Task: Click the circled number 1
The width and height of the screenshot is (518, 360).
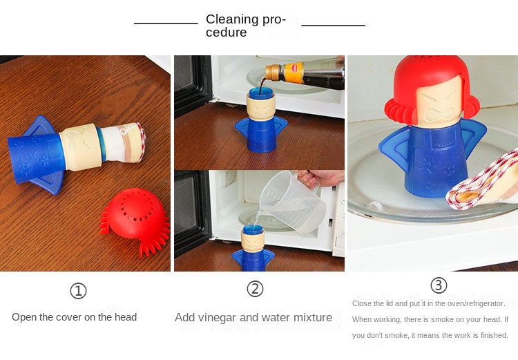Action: (x=78, y=291)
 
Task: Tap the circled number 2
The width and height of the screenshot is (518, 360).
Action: (x=255, y=289)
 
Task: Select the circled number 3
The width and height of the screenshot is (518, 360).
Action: (x=439, y=285)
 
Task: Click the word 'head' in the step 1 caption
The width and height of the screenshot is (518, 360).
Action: (x=126, y=317)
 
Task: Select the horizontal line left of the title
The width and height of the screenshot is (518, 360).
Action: (x=166, y=23)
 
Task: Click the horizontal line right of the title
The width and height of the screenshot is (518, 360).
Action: (x=334, y=25)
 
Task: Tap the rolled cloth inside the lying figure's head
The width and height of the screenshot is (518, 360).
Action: (x=123, y=142)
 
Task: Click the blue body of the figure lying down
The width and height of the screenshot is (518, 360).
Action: (x=37, y=155)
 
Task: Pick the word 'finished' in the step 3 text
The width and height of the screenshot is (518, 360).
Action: (x=495, y=335)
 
